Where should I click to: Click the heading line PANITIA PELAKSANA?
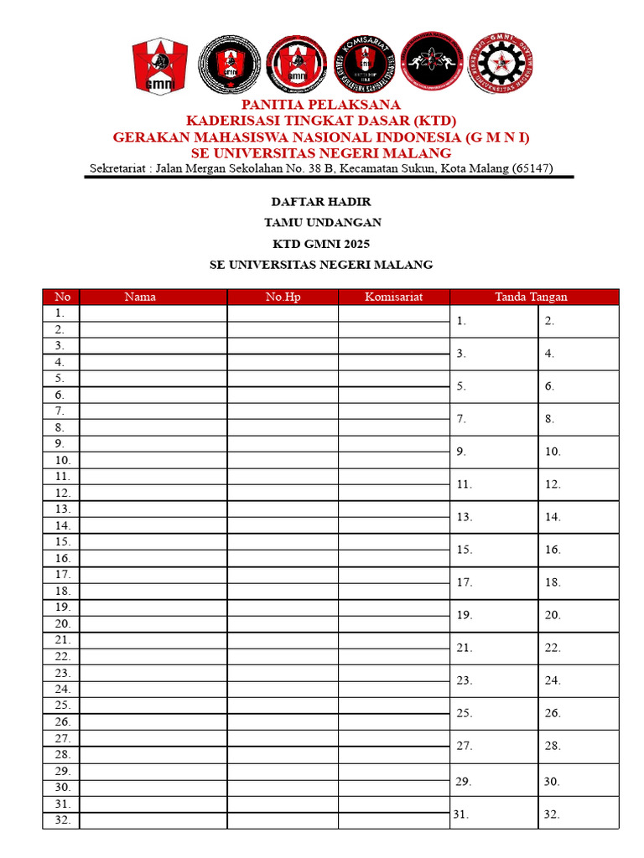[x=321, y=105]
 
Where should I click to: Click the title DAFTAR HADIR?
[x=321, y=202]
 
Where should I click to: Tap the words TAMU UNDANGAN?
[x=322, y=223]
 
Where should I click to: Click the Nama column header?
[x=140, y=297]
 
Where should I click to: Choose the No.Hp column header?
[x=283, y=297]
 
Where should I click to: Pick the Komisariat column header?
[x=393, y=297]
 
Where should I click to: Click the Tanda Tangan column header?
[x=531, y=297]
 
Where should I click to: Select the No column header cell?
[x=62, y=297]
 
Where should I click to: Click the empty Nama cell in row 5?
[x=153, y=379]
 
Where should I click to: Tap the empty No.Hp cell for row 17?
[x=283, y=575]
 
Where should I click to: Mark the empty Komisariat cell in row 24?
[x=393, y=690]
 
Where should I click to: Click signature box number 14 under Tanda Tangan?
[x=578, y=517]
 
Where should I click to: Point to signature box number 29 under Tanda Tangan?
[x=494, y=782]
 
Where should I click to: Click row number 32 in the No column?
[x=62, y=820]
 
